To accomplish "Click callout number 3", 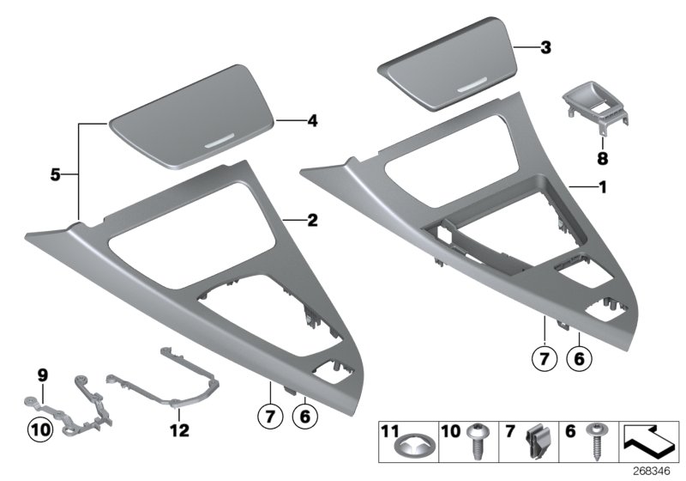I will click(545, 48).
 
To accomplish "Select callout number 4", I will click(312, 121).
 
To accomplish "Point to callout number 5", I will click(53, 174).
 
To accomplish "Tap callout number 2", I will click(312, 221).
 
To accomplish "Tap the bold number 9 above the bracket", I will click(40, 374).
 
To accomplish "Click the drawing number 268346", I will click(660, 470).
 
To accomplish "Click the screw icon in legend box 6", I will click(593, 442).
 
